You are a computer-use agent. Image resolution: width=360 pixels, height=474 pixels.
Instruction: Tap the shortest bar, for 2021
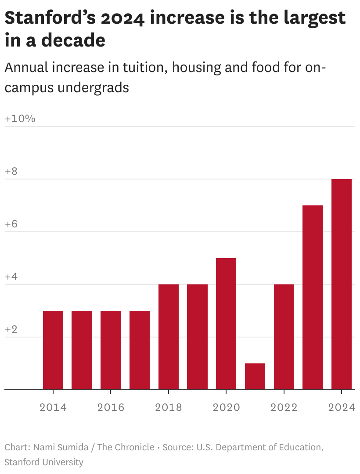point(255,377)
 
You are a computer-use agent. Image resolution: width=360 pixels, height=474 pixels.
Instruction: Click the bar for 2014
point(53,350)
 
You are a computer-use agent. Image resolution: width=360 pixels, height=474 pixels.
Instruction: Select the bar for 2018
point(169,337)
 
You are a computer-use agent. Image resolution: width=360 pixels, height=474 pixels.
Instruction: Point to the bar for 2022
point(284,337)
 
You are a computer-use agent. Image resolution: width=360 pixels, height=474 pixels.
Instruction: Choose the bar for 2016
point(111,350)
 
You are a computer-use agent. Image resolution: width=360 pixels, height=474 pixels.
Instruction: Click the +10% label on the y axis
point(20,119)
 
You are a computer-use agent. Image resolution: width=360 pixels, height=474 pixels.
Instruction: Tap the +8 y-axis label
point(11,172)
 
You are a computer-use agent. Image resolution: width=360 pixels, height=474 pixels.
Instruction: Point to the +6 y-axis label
point(11,224)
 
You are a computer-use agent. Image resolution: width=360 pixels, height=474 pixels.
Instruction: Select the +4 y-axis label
point(11,277)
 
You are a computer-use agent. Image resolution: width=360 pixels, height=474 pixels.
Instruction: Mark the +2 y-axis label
point(11,330)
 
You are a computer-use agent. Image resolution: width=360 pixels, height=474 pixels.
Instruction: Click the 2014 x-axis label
point(53,407)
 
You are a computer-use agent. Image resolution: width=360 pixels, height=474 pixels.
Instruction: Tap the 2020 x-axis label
point(226,407)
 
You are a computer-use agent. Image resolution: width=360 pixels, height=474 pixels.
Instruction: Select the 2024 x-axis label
point(341,407)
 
